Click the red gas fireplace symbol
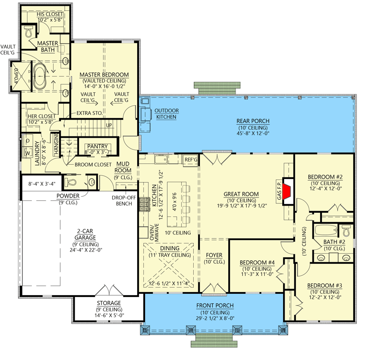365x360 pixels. point(288,192)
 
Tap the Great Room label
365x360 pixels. point(241,194)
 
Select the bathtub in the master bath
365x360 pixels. point(40,76)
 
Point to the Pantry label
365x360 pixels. point(97,146)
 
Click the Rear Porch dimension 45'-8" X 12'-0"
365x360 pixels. point(253,134)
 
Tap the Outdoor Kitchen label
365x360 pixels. point(166,114)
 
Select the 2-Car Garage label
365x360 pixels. point(85,234)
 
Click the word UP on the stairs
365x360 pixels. point(109,126)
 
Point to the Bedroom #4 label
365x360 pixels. point(257,263)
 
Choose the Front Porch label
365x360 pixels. point(215,306)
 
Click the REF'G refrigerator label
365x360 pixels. point(191,160)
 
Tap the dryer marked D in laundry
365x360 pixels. point(28,141)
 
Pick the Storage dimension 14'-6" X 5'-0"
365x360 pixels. point(109,315)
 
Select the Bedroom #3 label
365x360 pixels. point(325,285)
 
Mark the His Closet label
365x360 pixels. point(50,14)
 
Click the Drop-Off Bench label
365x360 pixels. point(124,201)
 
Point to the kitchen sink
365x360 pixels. point(160,159)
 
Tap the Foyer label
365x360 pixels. point(214,255)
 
